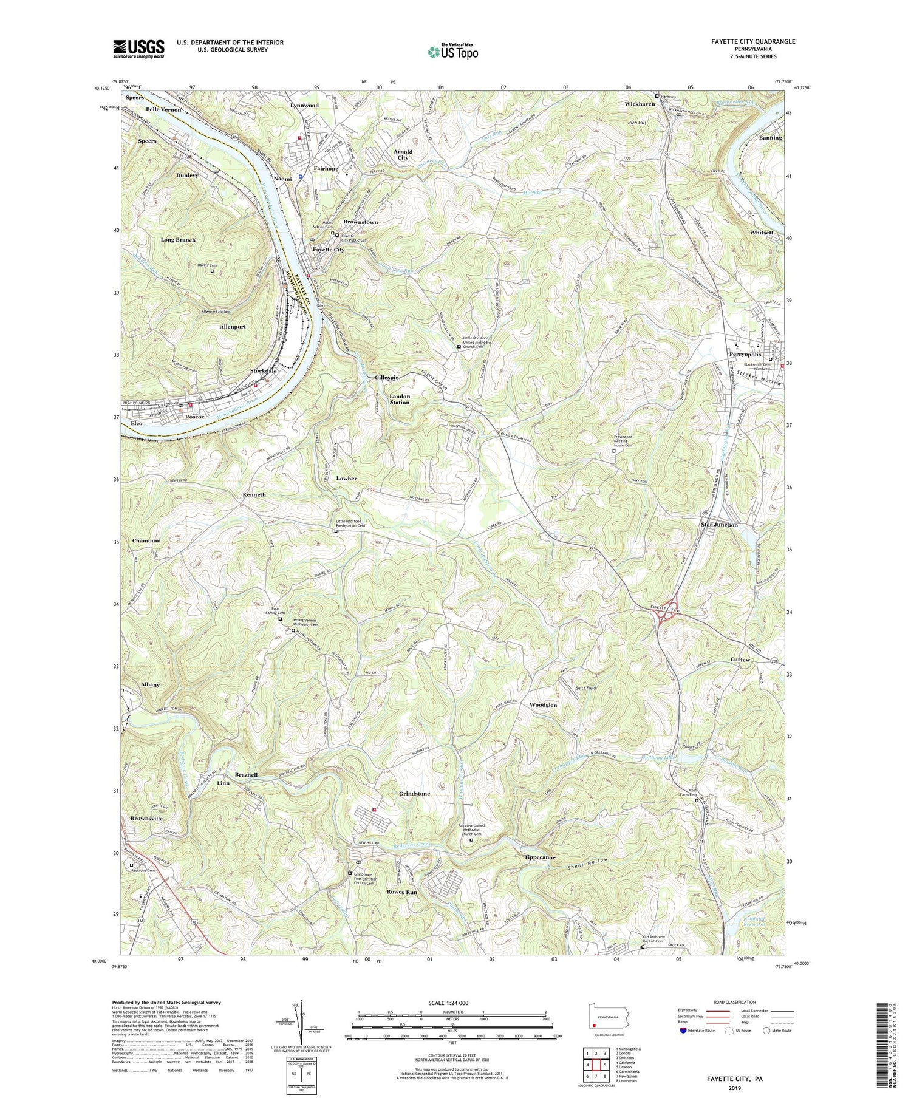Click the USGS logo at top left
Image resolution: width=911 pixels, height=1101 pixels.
tap(138, 49)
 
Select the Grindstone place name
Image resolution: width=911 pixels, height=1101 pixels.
tap(414, 794)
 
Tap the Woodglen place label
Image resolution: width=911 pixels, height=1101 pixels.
tap(543, 705)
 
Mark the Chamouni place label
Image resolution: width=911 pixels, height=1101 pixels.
tap(147, 540)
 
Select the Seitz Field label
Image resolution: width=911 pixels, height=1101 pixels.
tap(586, 688)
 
